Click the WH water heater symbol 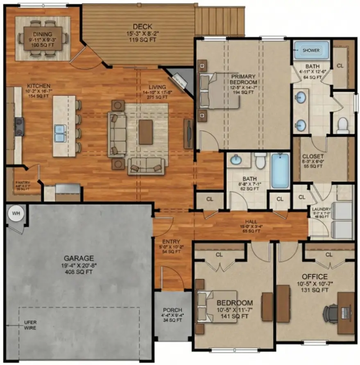point(16,214)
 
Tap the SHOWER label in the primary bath point(311,50)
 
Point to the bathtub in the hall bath point(280,170)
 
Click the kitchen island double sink point(60,133)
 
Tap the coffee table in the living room point(145,132)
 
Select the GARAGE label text point(79,258)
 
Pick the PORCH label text point(172,310)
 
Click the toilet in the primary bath point(342,125)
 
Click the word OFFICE point(315,277)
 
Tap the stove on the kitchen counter point(19,126)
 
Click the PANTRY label point(23,183)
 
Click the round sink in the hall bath point(236,160)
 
